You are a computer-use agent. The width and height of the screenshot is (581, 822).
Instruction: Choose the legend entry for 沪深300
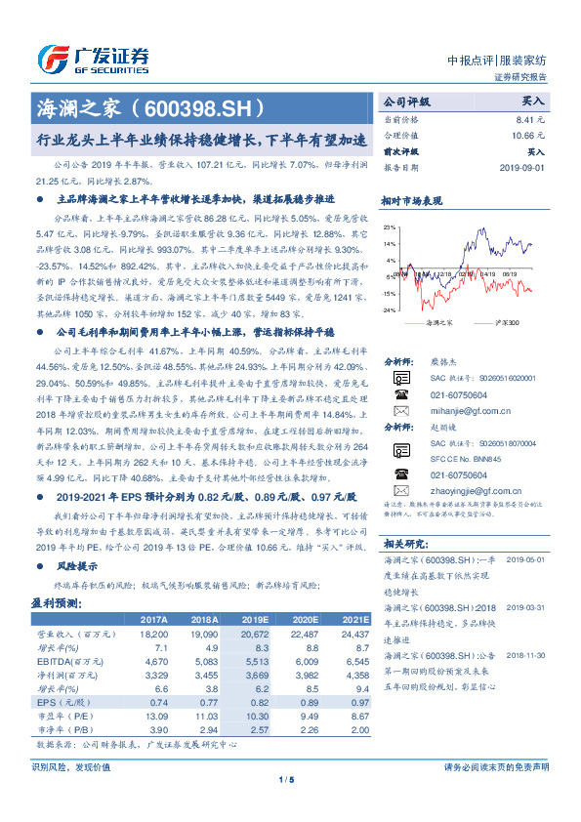(x=508, y=321)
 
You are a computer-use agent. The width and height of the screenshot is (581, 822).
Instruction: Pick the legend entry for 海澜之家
(x=442, y=321)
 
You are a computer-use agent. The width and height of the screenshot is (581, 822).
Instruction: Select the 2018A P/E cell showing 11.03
(x=205, y=715)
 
